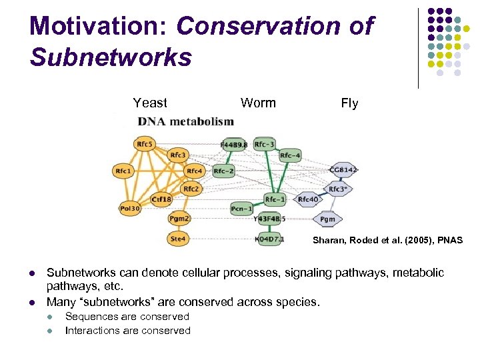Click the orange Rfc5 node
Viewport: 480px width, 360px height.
click(x=143, y=143)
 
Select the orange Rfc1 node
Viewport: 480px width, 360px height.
click(x=123, y=171)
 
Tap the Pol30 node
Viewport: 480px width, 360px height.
click(x=130, y=209)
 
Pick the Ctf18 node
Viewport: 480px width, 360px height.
click(x=161, y=199)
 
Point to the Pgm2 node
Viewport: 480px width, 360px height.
click(x=179, y=218)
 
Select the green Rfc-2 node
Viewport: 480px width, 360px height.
click(x=224, y=171)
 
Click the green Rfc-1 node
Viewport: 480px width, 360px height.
click(x=275, y=199)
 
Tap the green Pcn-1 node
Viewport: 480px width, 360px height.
click(x=241, y=209)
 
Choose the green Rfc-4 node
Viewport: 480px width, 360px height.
click(x=290, y=156)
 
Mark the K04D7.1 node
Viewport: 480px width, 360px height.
click(x=270, y=239)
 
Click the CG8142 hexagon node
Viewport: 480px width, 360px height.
click(x=343, y=170)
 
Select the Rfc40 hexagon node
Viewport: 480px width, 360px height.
click(x=307, y=199)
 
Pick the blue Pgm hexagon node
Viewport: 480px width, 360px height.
click(x=327, y=219)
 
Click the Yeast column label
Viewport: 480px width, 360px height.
click(x=150, y=103)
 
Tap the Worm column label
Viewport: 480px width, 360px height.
click(x=258, y=103)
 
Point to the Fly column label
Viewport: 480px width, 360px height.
click(x=349, y=103)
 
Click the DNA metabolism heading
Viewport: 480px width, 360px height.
click(x=185, y=121)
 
